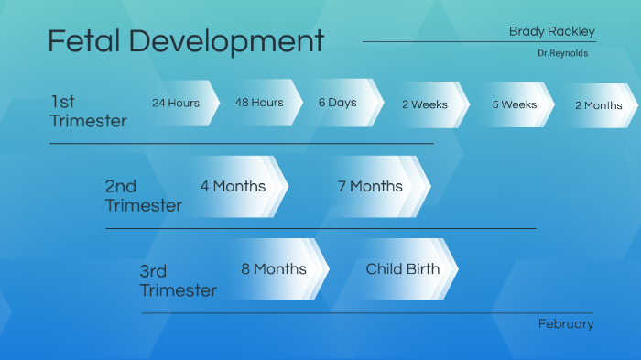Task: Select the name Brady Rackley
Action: (x=551, y=31)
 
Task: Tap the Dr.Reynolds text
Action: (x=562, y=53)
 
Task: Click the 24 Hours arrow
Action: (x=179, y=103)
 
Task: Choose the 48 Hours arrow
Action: (x=260, y=103)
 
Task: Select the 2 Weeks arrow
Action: (x=426, y=104)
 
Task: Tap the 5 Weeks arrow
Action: (x=515, y=104)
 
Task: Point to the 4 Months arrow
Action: (x=234, y=186)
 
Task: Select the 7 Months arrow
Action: (x=372, y=186)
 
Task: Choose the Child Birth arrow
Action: (x=404, y=269)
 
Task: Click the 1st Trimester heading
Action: (x=88, y=111)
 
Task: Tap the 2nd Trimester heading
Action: (x=143, y=196)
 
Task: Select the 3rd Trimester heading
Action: (x=178, y=281)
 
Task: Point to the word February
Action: (x=565, y=324)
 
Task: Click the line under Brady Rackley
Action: (x=478, y=41)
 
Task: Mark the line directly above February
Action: (x=366, y=312)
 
